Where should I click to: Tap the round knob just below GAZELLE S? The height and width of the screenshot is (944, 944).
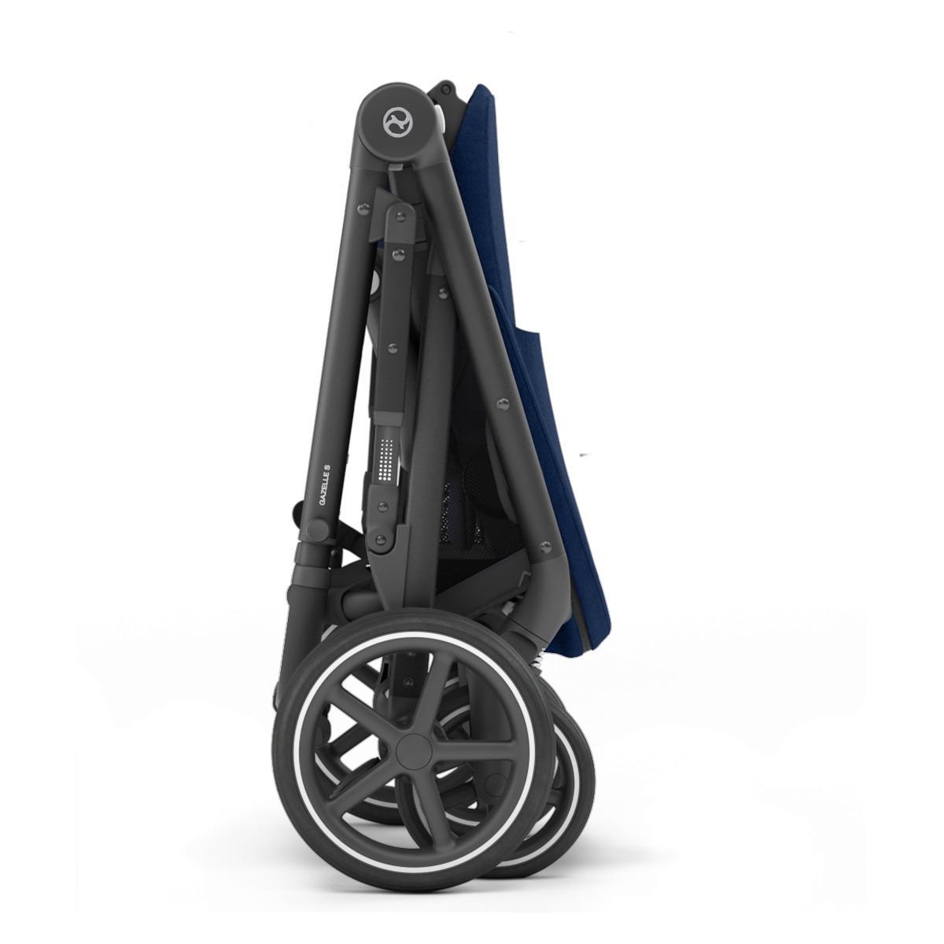[319, 530]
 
